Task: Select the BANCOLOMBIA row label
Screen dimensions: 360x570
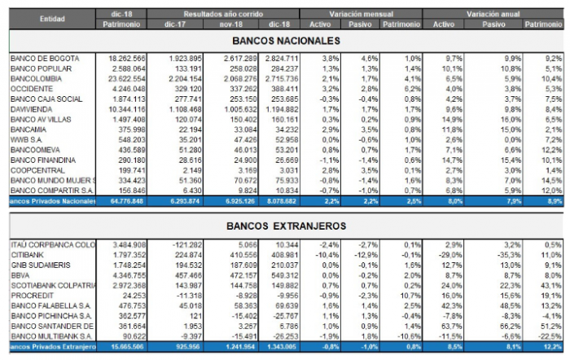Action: [33, 78]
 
